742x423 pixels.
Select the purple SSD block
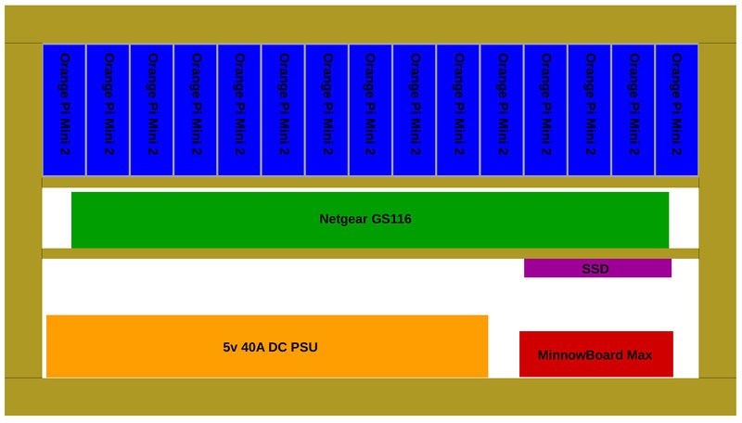[x=597, y=268]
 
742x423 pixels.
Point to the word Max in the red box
[x=638, y=355]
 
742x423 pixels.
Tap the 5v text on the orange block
[x=230, y=348]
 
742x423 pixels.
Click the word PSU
[x=303, y=348]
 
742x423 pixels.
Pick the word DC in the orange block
[x=278, y=348]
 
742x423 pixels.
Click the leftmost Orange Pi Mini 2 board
[x=64, y=109]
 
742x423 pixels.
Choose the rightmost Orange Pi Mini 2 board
[x=677, y=109]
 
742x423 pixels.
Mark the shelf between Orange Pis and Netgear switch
[x=370, y=183]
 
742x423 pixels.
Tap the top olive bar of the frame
[x=370, y=23]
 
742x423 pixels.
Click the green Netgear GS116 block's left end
[x=83, y=220]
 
